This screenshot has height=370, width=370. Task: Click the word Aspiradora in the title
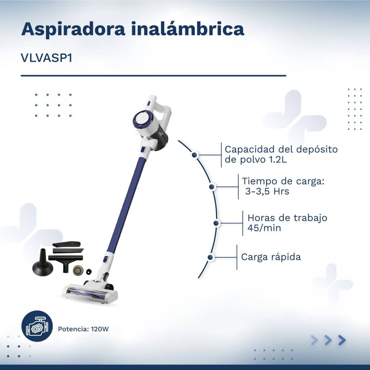point(73,29)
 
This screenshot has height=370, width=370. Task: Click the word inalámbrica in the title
point(188,28)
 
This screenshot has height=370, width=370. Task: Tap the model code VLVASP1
point(47,58)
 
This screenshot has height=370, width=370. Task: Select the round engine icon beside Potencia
point(37,326)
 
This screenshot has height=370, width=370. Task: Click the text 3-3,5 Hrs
point(267,191)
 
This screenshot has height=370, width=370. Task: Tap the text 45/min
point(264,228)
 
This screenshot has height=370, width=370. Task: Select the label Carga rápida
point(271,257)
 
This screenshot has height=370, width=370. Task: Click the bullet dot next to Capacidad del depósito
point(195,155)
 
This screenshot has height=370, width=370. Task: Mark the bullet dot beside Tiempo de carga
point(212,186)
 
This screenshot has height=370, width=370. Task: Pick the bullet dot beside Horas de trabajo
point(216,223)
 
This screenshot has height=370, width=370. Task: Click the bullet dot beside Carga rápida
point(210,257)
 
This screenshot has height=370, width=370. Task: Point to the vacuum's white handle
point(163,111)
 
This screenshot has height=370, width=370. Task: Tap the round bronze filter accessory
point(78,270)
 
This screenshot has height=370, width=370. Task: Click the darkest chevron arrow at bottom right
point(342,340)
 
